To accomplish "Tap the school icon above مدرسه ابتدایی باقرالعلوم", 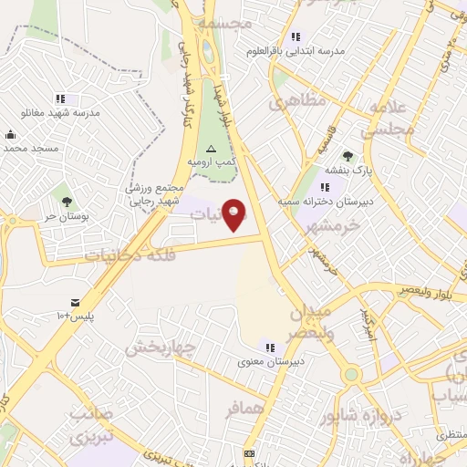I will tap(295, 36).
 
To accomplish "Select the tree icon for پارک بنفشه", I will tap(348, 156).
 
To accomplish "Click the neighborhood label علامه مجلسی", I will tap(392, 119).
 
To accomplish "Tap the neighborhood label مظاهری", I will tap(296, 102).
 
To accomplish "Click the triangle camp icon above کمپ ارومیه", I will tap(212, 147).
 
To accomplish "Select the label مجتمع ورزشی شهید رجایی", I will tap(156, 192).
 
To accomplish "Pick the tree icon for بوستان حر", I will tap(67, 202).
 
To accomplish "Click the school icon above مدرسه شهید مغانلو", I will tap(60, 99).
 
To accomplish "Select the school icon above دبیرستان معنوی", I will tap(269, 347).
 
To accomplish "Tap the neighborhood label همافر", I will tap(243, 409).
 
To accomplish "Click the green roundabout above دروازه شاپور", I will tap(350, 374).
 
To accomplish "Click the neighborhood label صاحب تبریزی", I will tap(91, 424).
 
